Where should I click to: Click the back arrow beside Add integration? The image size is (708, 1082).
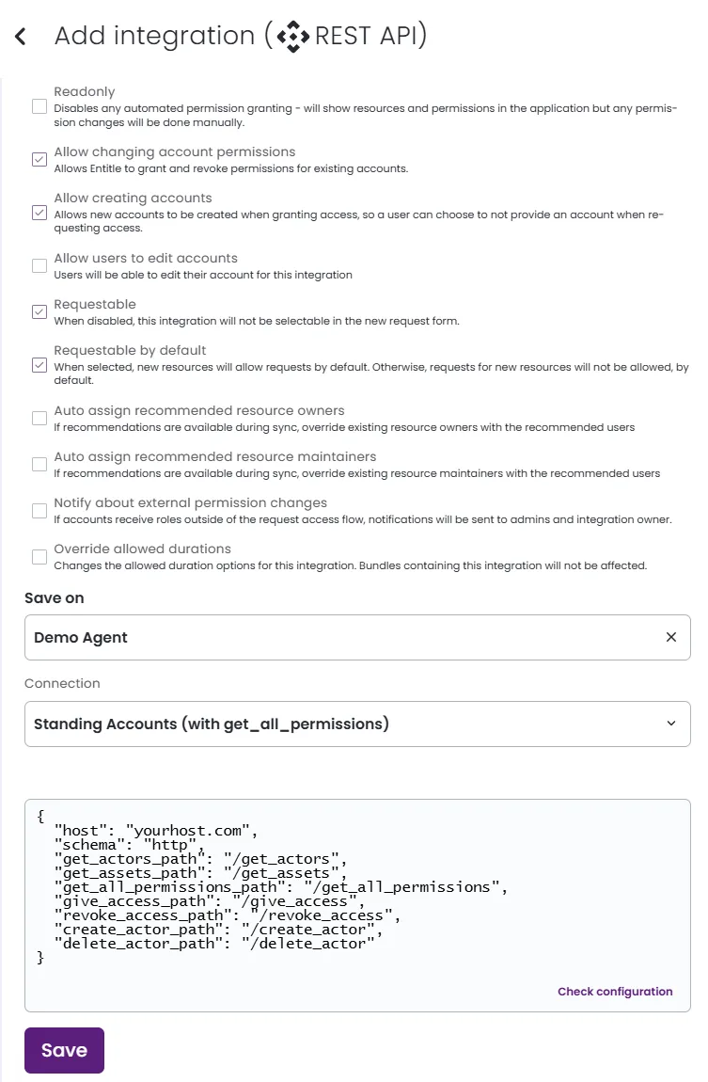point(21,37)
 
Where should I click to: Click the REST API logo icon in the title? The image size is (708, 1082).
point(292,37)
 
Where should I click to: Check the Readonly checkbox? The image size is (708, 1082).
point(39,106)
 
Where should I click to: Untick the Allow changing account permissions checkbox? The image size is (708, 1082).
point(39,159)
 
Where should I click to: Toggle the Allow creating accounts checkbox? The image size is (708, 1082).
point(39,213)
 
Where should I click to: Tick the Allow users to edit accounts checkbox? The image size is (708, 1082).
point(39,265)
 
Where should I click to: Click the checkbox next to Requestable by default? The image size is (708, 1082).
point(39,364)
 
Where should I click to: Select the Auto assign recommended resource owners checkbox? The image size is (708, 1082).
point(39,418)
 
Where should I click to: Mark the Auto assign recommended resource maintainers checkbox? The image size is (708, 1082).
point(39,464)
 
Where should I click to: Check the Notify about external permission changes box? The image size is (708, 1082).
point(39,510)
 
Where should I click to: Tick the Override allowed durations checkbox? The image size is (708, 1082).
point(39,556)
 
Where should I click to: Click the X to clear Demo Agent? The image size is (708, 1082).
point(671,637)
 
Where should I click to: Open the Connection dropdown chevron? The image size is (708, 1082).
point(671,724)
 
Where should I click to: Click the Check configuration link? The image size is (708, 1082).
point(615,991)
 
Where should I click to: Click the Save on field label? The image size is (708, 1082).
point(55,597)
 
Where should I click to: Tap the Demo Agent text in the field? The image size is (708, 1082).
point(81,637)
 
